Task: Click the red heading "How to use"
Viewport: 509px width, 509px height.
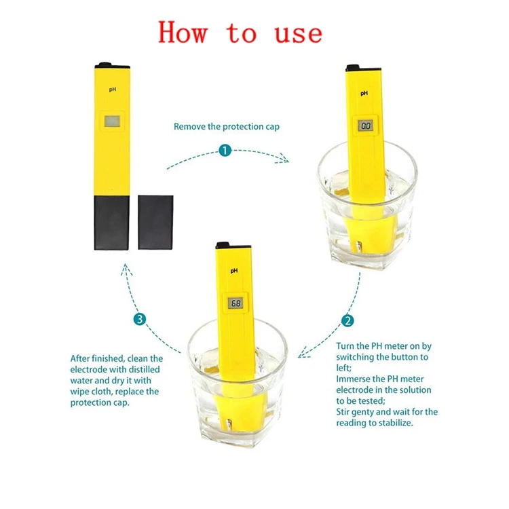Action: point(240,33)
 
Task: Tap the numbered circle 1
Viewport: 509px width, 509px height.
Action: point(224,151)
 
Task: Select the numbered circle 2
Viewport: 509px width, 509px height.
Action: point(347,321)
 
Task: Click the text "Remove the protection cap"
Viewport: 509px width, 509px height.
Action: point(227,126)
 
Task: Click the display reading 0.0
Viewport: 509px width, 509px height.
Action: point(366,126)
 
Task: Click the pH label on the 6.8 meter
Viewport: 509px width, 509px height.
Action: point(234,271)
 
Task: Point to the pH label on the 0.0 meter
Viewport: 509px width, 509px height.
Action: point(364,93)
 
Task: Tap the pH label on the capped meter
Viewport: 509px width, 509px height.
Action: point(111,88)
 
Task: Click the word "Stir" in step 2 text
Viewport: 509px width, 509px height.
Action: point(344,411)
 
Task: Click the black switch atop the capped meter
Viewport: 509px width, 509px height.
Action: point(104,64)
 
